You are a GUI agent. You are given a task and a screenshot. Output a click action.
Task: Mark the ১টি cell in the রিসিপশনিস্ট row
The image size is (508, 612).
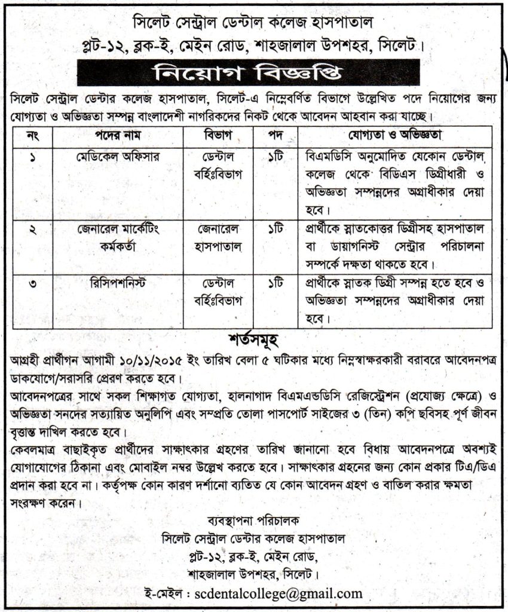(x=276, y=283)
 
